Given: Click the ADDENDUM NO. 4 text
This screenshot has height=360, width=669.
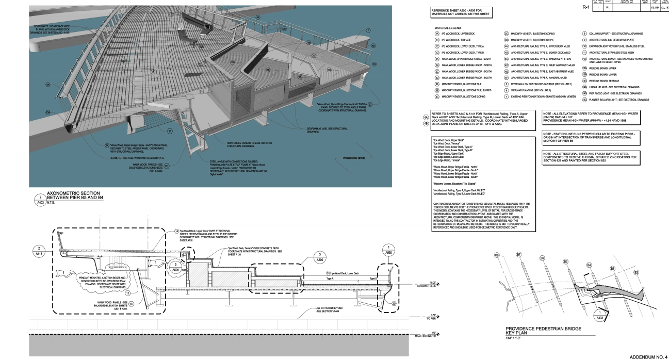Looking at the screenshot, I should [647, 355].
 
